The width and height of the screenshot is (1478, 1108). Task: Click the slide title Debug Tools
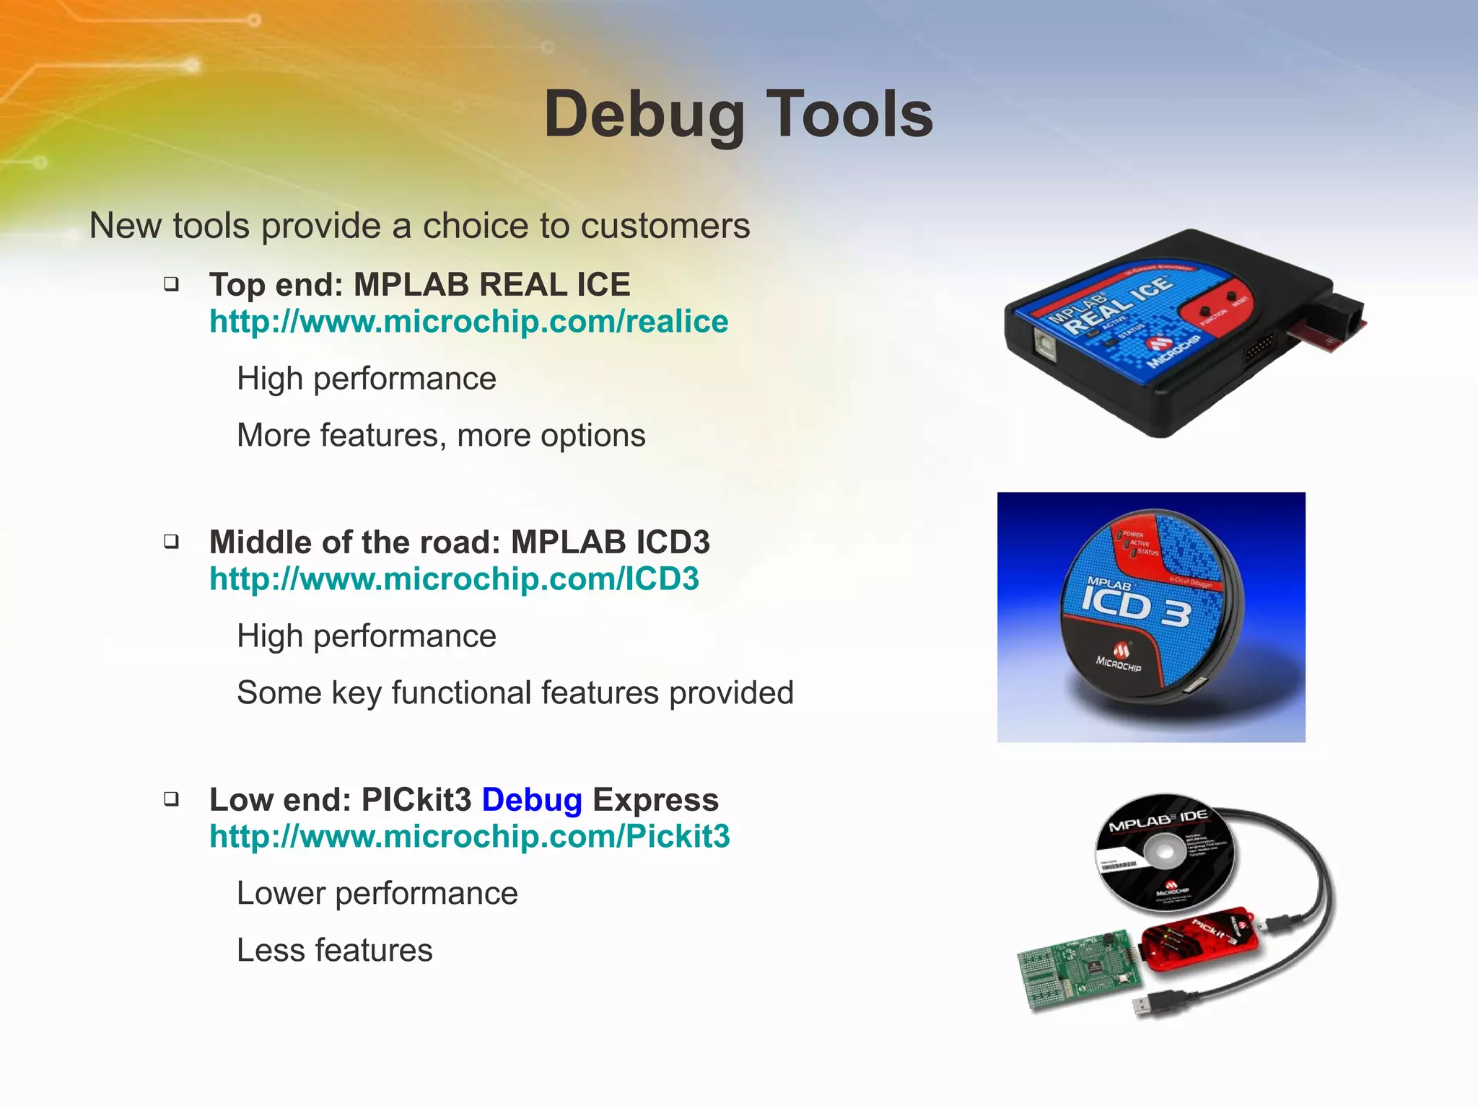tap(738, 114)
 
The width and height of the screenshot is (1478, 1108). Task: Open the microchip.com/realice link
tap(468, 322)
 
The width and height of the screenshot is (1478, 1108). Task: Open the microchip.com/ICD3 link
tap(454, 579)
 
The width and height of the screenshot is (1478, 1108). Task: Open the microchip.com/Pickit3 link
tap(469, 837)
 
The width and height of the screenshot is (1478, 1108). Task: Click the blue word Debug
tap(531, 800)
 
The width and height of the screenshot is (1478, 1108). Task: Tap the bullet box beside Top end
tap(171, 284)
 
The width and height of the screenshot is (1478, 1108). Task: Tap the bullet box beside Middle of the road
tap(171, 541)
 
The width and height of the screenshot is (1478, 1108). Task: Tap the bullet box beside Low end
tap(171, 799)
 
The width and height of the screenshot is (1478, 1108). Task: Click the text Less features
tap(334, 950)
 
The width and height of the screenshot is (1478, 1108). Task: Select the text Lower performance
tap(377, 894)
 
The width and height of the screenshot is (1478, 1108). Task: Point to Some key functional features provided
tap(515, 692)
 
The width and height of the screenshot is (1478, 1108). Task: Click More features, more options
tap(441, 436)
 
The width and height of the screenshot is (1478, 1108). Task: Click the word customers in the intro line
tap(665, 226)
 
